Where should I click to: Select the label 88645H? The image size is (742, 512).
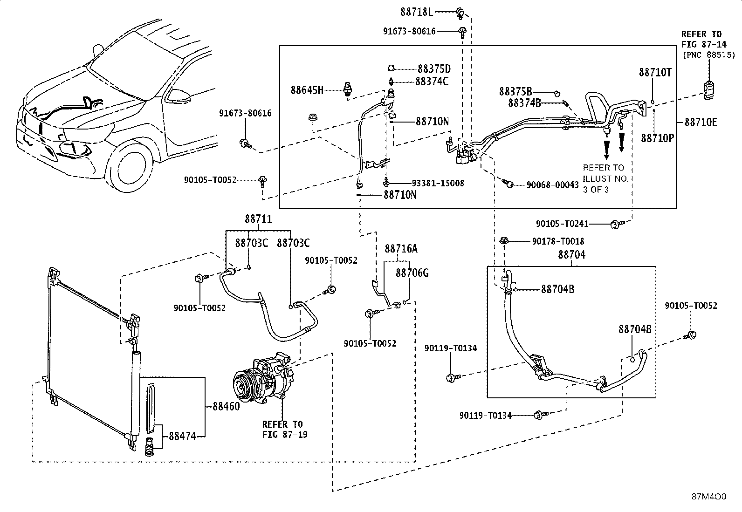pos(307,90)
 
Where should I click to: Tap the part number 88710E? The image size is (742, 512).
pos(701,123)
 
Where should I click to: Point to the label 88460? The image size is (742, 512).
pos(226,406)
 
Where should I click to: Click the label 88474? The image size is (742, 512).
pos(183,436)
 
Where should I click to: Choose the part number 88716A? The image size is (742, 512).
pos(401,248)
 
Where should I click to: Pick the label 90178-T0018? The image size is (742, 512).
pos(558,241)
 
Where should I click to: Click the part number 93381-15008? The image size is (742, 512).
pos(438,183)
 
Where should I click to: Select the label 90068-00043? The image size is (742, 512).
pos(552,185)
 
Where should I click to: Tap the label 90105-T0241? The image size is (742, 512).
pos(562,224)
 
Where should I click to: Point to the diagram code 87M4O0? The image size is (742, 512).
pos(709,497)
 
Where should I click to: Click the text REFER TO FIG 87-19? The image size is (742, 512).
pos(285,429)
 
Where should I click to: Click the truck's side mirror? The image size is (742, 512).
pos(179,95)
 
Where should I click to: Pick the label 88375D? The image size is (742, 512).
pos(434,69)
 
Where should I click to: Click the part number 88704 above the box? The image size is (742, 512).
pos(572,254)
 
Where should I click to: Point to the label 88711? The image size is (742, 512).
pos(258,219)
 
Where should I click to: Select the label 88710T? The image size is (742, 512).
pos(655,72)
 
